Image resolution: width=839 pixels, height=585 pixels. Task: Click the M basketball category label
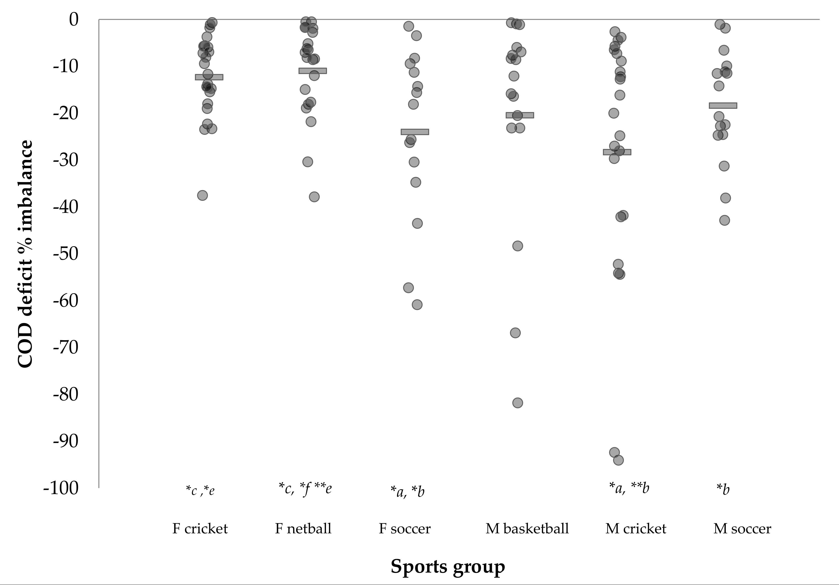527,529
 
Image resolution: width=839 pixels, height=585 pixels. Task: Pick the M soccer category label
742,529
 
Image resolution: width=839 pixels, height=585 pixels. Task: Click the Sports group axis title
448,566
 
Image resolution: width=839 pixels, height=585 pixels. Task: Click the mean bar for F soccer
415,132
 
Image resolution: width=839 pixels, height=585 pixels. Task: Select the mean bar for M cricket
617,152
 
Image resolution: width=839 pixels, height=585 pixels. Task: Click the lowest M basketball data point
517,403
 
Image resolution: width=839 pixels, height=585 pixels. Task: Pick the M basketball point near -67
515,333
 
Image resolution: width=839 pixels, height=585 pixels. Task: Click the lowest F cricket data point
202,195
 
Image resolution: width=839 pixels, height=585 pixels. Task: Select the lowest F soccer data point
417,305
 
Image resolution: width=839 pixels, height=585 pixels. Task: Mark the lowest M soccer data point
724,220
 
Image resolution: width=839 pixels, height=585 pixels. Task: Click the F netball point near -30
308,162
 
